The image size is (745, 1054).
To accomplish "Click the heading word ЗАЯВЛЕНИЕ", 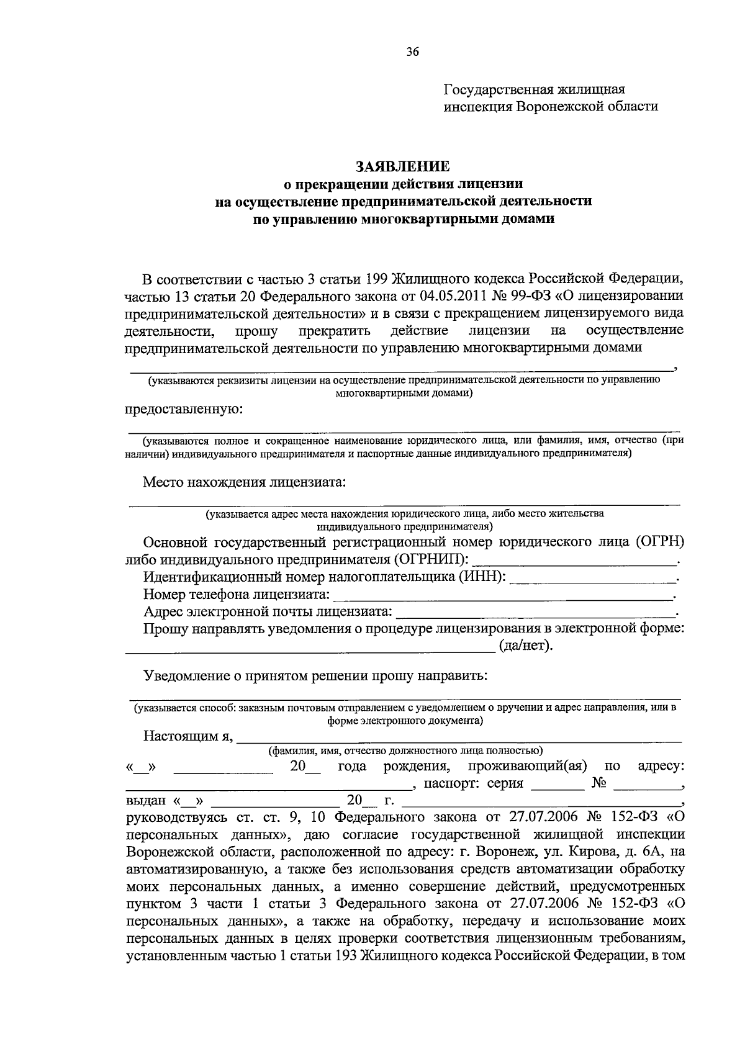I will (x=403, y=166).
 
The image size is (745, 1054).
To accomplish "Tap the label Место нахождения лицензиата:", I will (x=244, y=482).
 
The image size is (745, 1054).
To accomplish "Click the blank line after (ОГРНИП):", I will (x=574, y=561).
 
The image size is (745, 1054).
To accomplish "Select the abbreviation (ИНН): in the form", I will (x=482, y=578).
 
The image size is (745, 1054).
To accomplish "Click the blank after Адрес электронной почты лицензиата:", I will (x=535, y=613).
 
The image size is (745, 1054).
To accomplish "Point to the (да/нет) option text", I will (x=525, y=646).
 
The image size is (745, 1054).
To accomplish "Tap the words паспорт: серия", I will (x=473, y=783).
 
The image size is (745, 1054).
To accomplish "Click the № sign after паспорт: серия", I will (x=598, y=783).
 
